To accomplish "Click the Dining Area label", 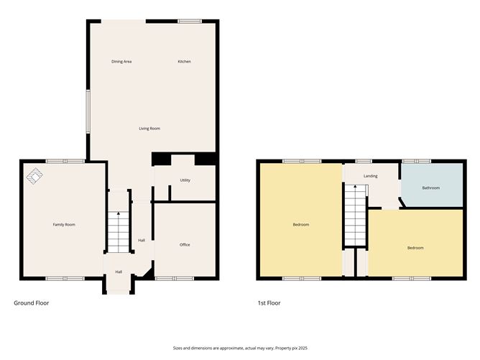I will coord(121,62).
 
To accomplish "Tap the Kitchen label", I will coord(185,62).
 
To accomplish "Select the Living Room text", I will coord(149,129).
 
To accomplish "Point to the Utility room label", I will coord(185,180).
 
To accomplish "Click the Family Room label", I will coord(64,225).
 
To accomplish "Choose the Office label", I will coord(185,245).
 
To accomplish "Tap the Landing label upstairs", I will coord(371,176).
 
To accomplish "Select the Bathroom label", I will coord(431,188).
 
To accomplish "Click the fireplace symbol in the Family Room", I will coord(34,175).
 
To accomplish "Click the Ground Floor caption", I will coord(32,303).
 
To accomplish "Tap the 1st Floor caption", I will coord(269,303).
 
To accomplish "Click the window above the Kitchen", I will coord(189,22).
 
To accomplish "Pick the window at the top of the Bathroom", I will coord(416,161).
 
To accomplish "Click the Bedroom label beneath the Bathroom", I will coord(415,248).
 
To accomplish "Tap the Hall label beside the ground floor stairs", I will coord(142,240).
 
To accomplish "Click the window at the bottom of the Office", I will coord(175,278).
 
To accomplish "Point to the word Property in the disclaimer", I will coord(281,347).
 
